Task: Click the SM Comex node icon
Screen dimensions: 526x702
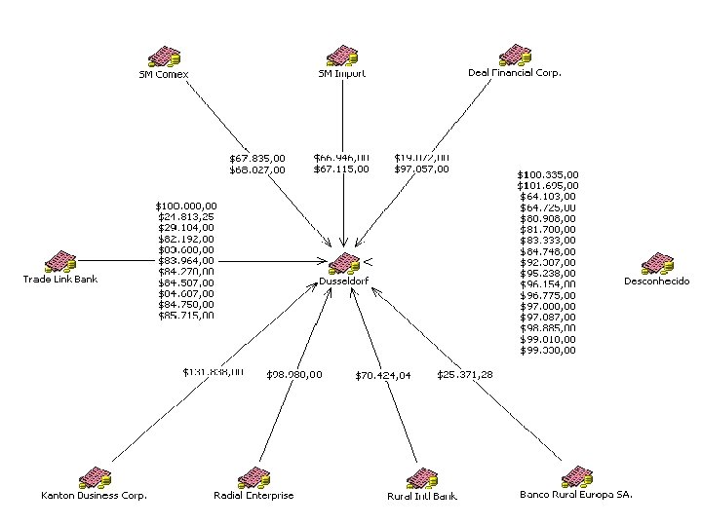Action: click(x=163, y=55)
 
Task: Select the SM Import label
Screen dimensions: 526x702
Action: click(x=342, y=73)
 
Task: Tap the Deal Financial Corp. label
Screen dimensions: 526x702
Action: click(x=515, y=73)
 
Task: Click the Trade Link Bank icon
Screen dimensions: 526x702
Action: click(x=60, y=261)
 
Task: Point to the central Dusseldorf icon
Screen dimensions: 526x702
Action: click(x=344, y=264)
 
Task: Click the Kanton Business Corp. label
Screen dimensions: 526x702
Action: click(x=94, y=495)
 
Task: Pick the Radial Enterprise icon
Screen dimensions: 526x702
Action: click(x=253, y=477)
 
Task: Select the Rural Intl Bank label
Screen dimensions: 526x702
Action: click(x=422, y=496)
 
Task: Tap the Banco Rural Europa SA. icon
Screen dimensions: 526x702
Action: click(x=576, y=476)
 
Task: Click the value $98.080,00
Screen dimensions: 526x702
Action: click(x=293, y=375)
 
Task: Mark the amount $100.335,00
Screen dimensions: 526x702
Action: click(x=547, y=175)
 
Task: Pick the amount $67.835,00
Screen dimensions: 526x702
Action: click(x=257, y=158)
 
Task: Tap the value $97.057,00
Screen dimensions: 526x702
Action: click(x=422, y=169)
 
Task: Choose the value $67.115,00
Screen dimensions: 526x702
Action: click(x=341, y=169)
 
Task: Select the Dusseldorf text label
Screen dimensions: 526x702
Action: click(x=344, y=282)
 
